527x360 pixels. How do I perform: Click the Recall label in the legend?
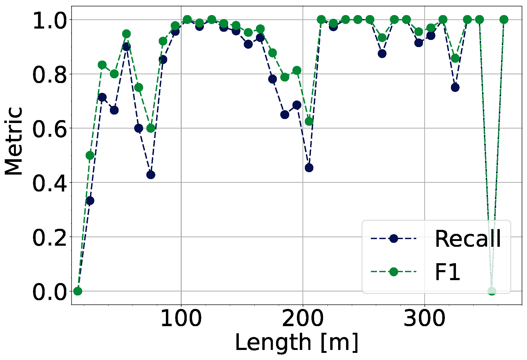(468, 239)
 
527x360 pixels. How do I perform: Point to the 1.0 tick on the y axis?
(49, 20)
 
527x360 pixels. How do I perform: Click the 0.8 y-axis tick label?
(49, 74)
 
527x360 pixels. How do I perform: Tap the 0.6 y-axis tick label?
(49, 129)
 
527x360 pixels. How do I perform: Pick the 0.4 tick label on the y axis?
(49, 183)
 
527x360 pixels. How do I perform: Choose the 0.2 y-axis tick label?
(49, 237)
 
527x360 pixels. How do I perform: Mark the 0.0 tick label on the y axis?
(49, 291)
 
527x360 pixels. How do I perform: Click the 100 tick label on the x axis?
(181, 318)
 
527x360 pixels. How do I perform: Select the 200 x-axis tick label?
(303, 318)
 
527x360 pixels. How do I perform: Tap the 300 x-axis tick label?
(425, 318)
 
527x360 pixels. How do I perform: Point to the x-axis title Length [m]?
(297, 343)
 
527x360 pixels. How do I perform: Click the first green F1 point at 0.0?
(78, 291)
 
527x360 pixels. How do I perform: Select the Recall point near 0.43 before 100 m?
(151, 175)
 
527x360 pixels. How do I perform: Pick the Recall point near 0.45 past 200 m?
(309, 168)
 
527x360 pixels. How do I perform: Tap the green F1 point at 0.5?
(90, 156)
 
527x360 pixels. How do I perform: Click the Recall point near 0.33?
(90, 201)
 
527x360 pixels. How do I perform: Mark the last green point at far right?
(504, 20)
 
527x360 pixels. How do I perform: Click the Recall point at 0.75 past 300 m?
(455, 88)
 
